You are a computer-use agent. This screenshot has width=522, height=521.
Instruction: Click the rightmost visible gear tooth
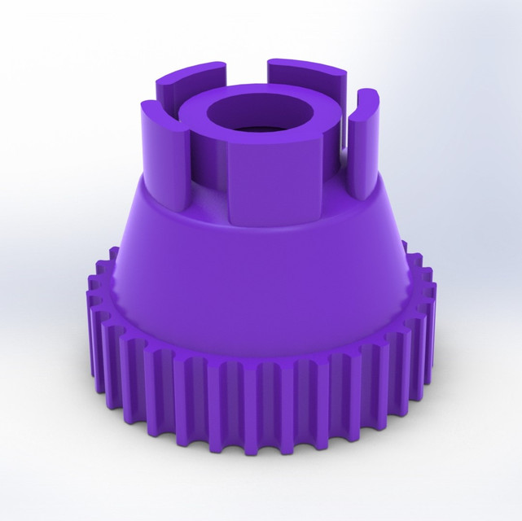[x=427, y=326]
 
